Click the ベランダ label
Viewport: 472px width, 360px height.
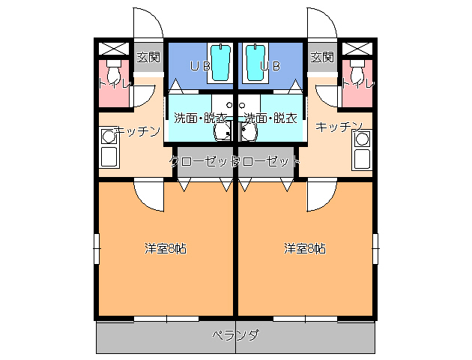(x=235, y=335)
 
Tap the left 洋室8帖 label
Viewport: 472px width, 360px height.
(x=166, y=248)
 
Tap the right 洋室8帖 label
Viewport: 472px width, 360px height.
(x=304, y=248)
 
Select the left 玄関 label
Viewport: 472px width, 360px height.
(x=148, y=57)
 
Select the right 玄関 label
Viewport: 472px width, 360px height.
(x=322, y=57)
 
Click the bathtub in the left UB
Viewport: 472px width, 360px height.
(x=220, y=62)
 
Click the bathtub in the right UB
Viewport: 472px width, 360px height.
(x=255, y=62)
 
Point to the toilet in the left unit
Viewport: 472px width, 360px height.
(x=113, y=73)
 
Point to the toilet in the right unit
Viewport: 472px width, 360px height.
(x=358, y=73)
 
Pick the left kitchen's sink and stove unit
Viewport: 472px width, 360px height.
(x=109, y=148)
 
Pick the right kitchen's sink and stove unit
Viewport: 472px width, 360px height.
(x=363, y=148)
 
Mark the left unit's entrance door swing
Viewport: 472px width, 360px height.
(x=147, y=22)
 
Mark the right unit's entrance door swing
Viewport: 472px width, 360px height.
(x=321, y=22)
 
